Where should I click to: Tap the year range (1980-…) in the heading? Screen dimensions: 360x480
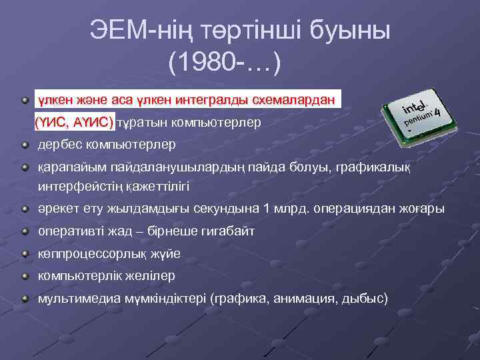(x=225, y=64)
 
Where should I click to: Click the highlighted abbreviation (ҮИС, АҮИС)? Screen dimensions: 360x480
(x=75, y=122)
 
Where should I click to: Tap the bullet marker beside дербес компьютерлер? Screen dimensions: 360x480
(x=25, y=144)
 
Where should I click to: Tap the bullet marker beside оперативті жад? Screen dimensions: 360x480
(x=25, y=231)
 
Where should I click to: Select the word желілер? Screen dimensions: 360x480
(x=144, y=275)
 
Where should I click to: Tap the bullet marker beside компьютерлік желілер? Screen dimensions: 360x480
(x=25, y=275)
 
